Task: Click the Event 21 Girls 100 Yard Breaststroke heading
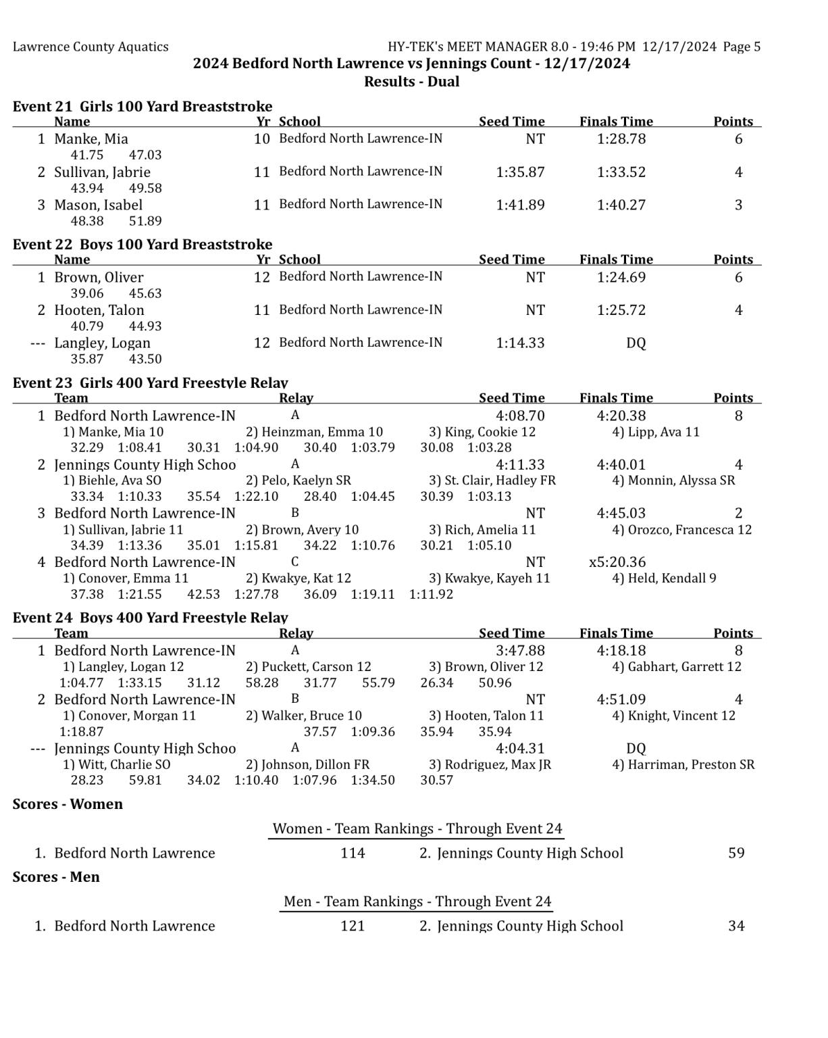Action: point(143,106)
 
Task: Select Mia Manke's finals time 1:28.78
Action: point(621,139)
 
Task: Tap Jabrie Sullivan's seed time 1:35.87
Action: point(520,172)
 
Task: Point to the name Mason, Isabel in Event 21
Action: point(99,205)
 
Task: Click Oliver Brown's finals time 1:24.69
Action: point(621,278)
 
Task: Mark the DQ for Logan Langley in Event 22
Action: point(636,343)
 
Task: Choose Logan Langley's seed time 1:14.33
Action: point(520,343)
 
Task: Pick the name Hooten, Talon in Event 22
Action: point(99,310)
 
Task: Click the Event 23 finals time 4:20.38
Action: point(621,416)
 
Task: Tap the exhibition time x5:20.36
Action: point(617,562)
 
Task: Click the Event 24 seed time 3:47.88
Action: point(520,651)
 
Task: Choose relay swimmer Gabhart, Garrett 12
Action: point(677,667)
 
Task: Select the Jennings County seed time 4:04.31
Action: point(520,749)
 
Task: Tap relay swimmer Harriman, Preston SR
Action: point(683,765)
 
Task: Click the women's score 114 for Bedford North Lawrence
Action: point(353,854)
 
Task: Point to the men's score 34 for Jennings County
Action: point(736,926)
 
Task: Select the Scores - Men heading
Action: point(56,877)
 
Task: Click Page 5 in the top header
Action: point(742,47)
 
